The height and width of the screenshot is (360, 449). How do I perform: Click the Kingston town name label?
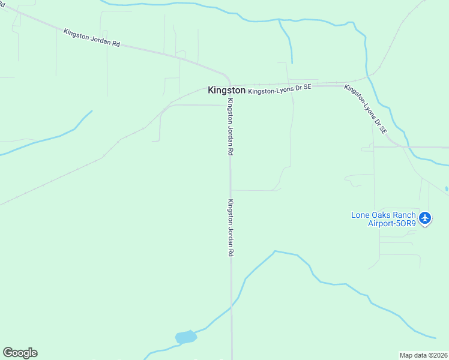point(226,90)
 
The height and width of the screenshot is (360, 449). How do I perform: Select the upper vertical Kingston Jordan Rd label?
point(229,127)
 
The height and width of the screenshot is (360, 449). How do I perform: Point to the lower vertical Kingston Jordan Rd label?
point(230,228)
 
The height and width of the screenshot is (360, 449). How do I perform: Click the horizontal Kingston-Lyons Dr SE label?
point(280,88)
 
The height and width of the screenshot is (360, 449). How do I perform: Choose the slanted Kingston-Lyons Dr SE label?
point(366,109)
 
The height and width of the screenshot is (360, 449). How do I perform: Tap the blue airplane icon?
point(425,217)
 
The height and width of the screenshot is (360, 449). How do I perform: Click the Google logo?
point(20,353)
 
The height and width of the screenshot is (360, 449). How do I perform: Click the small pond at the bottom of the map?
point(185,337)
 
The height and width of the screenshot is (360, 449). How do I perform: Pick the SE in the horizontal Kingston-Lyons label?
point(306,87)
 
